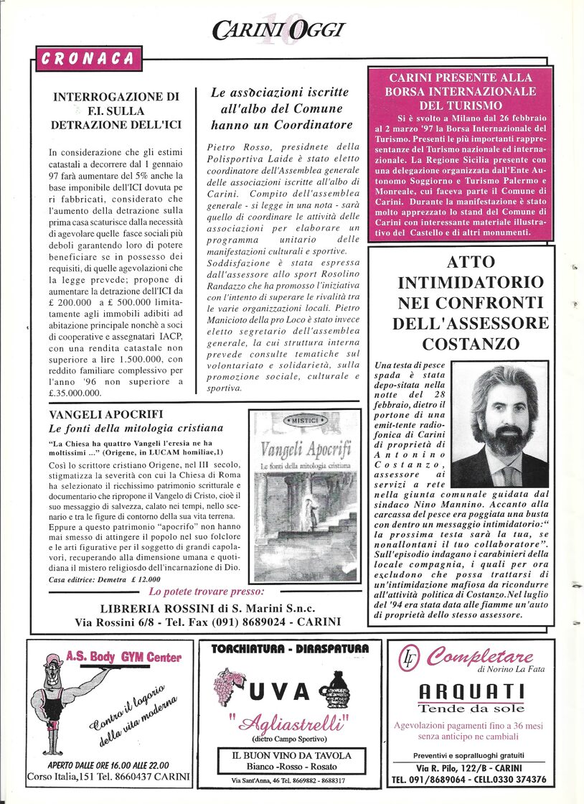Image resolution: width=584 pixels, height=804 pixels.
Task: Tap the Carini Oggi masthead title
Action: tap(278, 29)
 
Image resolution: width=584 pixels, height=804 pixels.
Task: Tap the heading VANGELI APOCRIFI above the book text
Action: tap(105, 414)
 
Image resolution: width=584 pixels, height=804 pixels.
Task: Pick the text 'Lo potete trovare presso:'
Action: tap(207, 592)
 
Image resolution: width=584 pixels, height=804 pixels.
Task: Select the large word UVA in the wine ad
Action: tap(279, 691)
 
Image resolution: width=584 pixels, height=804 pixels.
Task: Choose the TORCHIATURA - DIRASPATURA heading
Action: tap(290, 648)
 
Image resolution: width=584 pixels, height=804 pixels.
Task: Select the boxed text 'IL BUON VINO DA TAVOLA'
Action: tap(291, 755)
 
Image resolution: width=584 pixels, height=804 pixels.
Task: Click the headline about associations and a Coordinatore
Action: tap(280, 109)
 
